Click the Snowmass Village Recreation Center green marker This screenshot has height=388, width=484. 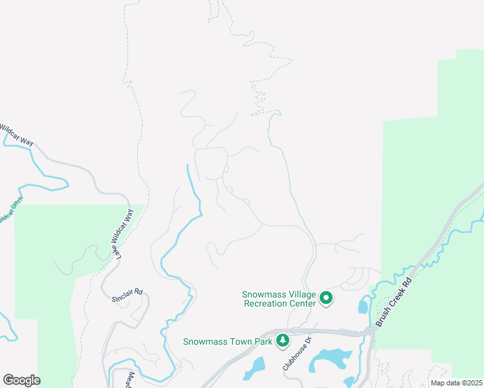pyautogui.click(x=326, y=298)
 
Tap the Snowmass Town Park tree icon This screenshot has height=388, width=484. pyautogui.click(x=282, y=341)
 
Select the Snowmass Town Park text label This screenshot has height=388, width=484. pyautogui.click(x=228, y=341)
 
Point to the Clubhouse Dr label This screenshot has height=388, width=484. pyautogui.click(x=297, y=352)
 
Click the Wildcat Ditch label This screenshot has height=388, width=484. pyautogui.click(x=9, y=211)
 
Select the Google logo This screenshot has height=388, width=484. pyautogui.click(x=21, y=380)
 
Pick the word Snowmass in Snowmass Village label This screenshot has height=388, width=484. pyautogui.click(x=265, y=294)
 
